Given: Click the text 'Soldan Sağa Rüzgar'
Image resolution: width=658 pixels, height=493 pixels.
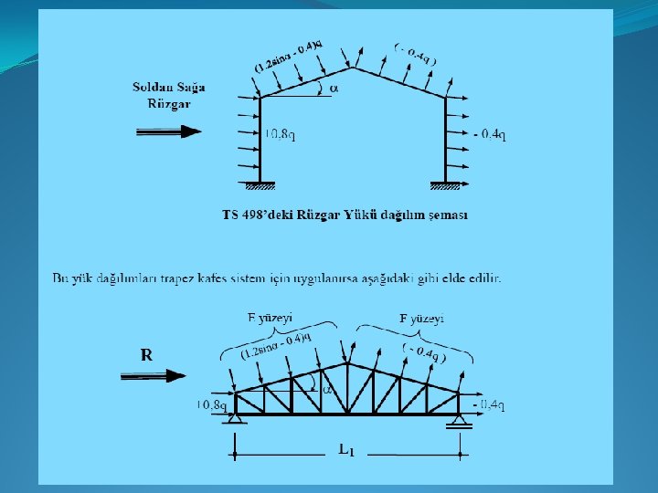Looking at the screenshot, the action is point(169,95).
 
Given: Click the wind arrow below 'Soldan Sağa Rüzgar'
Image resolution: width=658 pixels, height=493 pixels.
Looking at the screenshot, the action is point(169,131).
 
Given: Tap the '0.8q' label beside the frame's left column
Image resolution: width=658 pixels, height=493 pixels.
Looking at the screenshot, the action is point(280,134).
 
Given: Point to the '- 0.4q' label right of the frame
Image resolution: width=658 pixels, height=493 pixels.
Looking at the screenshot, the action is point(491,134).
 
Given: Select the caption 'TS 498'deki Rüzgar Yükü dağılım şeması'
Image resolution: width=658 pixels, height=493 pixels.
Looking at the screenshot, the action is point(345,215).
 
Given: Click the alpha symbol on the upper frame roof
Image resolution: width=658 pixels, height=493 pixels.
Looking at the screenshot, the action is point(334,89).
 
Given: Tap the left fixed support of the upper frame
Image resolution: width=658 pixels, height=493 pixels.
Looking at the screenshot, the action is point(260,187).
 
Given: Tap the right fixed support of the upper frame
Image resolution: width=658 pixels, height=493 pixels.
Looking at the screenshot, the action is point(445,187).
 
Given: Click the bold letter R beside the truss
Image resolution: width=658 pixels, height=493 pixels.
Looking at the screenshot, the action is point(146,354).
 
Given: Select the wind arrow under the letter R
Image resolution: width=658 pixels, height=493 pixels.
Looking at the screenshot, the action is point(153,375).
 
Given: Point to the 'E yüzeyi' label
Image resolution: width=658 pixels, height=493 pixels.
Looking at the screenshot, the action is point(270,318).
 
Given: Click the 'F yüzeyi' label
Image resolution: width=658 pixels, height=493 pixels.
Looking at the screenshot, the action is point(422,318).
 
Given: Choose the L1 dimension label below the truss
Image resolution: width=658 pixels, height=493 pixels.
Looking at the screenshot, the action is point(345,451).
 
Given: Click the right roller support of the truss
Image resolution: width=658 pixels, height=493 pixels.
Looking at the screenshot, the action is point(458,420).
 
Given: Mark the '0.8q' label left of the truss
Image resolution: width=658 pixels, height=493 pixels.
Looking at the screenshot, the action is point(211,404).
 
